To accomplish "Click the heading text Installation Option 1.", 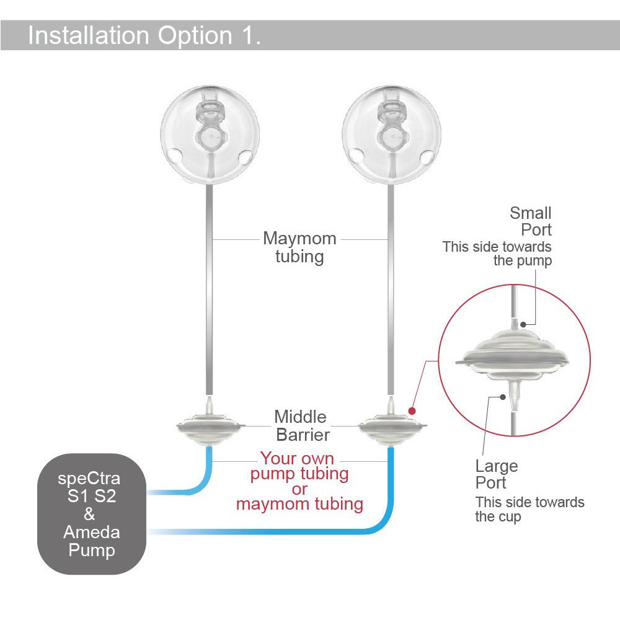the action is coord(144,35).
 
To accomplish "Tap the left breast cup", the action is coord(210,135).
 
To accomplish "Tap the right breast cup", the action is coord(391,135).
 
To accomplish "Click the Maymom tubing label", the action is coord(299,247).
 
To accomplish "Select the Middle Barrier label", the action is coord(301,426).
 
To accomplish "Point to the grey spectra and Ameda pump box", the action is coord(92,513).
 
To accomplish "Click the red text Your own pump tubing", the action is coord(299,466).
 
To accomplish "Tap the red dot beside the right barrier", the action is coord(412,411).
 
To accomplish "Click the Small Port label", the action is coord(530,221).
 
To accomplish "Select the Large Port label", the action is coord(497,474).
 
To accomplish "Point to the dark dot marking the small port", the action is coord(523,324).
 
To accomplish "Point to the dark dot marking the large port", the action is coord(503,397).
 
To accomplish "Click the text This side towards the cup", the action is coord(529,509).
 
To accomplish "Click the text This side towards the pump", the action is coord(497,254).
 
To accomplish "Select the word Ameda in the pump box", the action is coord(92,532).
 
